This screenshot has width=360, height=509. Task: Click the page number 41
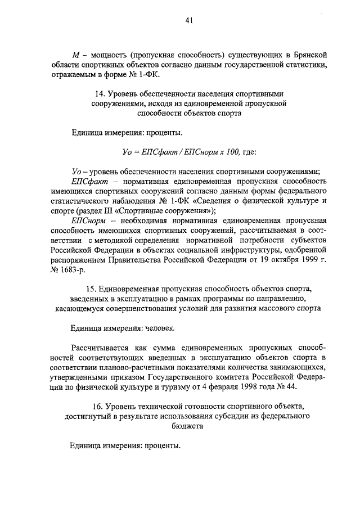189,21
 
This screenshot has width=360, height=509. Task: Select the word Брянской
307,55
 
